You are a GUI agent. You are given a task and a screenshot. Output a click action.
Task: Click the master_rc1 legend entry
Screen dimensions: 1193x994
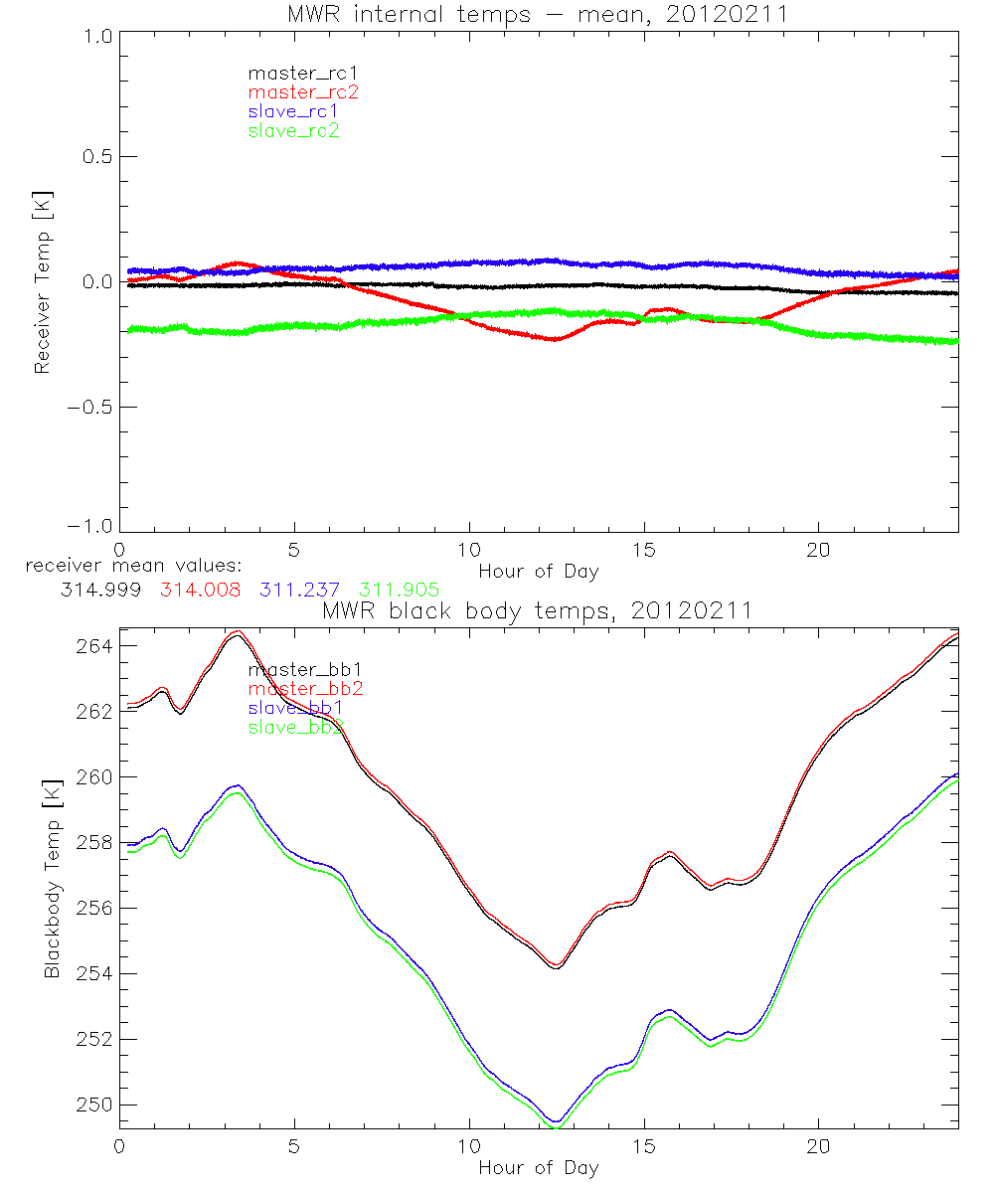click(294, 73)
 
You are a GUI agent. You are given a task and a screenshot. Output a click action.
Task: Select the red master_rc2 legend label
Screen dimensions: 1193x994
click(303, 92)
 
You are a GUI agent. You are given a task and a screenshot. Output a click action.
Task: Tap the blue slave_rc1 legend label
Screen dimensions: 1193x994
click(294, 111)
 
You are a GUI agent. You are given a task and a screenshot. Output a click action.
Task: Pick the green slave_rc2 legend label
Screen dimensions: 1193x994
click(294, 131)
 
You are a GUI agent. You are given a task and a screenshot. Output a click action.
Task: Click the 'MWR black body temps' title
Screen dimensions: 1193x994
click(538, 611)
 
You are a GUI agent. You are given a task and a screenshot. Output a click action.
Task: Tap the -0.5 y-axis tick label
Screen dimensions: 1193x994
click(89, 408)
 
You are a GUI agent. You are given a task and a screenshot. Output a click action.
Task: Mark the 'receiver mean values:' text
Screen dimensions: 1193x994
click(126, 567)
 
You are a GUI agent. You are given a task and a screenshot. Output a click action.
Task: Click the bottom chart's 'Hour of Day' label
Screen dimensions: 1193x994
click(538, 1168)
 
